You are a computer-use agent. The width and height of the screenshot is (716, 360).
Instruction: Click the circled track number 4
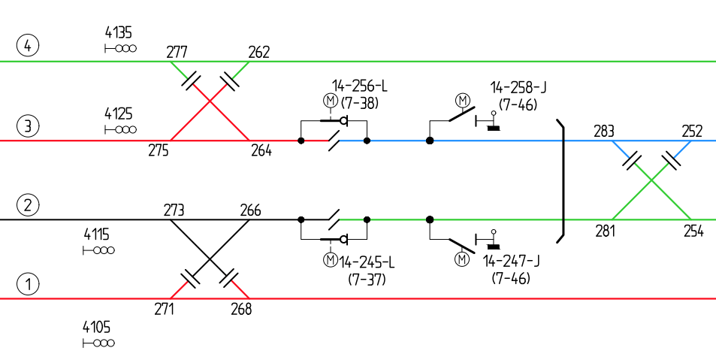coord(28,46)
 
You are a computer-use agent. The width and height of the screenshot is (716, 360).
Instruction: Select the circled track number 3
coord(28,126)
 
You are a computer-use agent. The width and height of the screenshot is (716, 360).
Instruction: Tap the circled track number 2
coord(28,205)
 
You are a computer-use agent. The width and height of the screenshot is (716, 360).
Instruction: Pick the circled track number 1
coord(28,285)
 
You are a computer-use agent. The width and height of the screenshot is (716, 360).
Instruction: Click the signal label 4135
coord(118,32)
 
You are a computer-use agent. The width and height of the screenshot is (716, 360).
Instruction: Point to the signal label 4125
coord(118,113)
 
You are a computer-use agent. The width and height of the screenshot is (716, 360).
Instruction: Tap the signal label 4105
coord(97,328)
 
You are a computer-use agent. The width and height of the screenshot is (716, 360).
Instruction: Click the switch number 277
coord(177,52)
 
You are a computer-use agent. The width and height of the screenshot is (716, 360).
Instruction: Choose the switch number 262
coord(258,52)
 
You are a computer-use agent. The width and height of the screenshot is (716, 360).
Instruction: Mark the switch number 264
coord(261,151)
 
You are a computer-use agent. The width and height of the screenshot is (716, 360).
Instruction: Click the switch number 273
coord(174,210)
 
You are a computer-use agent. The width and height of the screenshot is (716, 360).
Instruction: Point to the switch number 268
coord(240,309)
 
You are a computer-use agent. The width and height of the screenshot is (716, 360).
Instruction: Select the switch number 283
coord(603,131)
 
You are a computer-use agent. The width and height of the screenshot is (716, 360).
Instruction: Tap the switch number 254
coord(693,231)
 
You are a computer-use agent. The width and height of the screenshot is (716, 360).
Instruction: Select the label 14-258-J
coord(518,87)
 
